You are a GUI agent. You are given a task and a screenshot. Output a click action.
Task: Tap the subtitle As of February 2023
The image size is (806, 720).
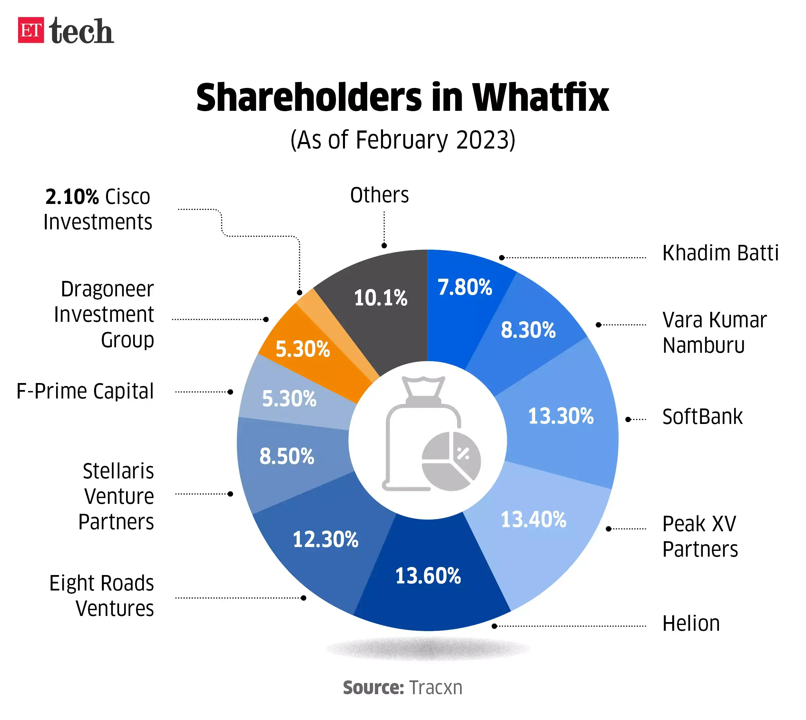click(403, 140)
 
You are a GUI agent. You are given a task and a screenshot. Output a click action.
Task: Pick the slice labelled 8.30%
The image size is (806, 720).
click(528, 330)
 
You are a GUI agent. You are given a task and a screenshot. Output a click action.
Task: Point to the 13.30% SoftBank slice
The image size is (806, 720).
click(561, 416)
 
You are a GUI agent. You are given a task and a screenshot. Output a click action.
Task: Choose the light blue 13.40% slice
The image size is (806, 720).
click(533, 519)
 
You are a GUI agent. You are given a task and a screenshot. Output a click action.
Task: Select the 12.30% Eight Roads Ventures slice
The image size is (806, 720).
click(325, 539)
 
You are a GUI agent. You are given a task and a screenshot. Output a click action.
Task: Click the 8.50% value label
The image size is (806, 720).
click(287, 456)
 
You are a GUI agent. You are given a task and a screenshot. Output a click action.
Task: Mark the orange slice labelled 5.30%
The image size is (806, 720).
click(302, 349)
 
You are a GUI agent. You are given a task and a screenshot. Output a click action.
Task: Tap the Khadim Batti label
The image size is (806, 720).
click(720, 253)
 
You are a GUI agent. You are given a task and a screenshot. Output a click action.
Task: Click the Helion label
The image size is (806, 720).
click(691, 623)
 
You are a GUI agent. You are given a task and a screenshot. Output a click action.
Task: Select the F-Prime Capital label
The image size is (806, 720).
click(85, 391)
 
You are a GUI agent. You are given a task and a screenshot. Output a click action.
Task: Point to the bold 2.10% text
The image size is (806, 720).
click(72, 197)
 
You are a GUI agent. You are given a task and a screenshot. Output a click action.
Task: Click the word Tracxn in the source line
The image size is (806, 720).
click(436, 687)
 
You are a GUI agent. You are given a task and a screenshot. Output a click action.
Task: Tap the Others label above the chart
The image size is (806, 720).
click(379, 195)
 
